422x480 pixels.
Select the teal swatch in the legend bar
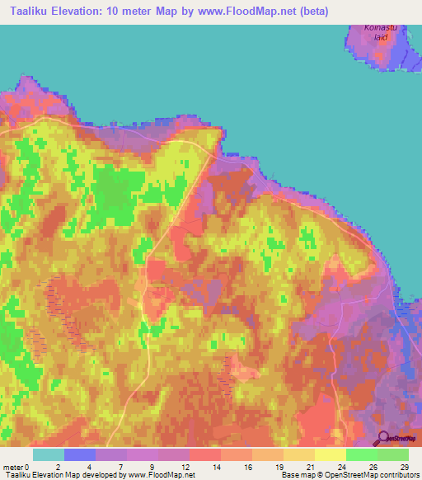[49, 454]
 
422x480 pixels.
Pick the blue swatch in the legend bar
[80, 454]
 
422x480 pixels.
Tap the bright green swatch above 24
[361, 454]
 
